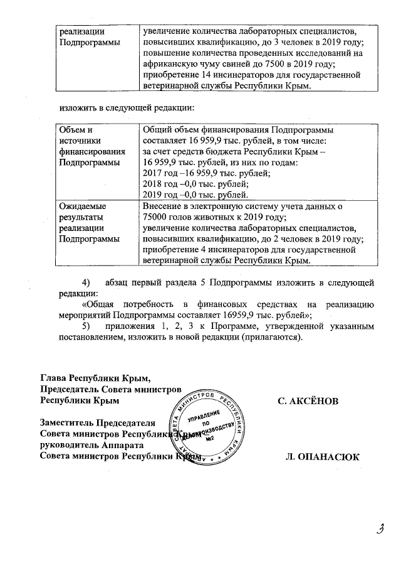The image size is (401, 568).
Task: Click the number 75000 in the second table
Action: point(157,217)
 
